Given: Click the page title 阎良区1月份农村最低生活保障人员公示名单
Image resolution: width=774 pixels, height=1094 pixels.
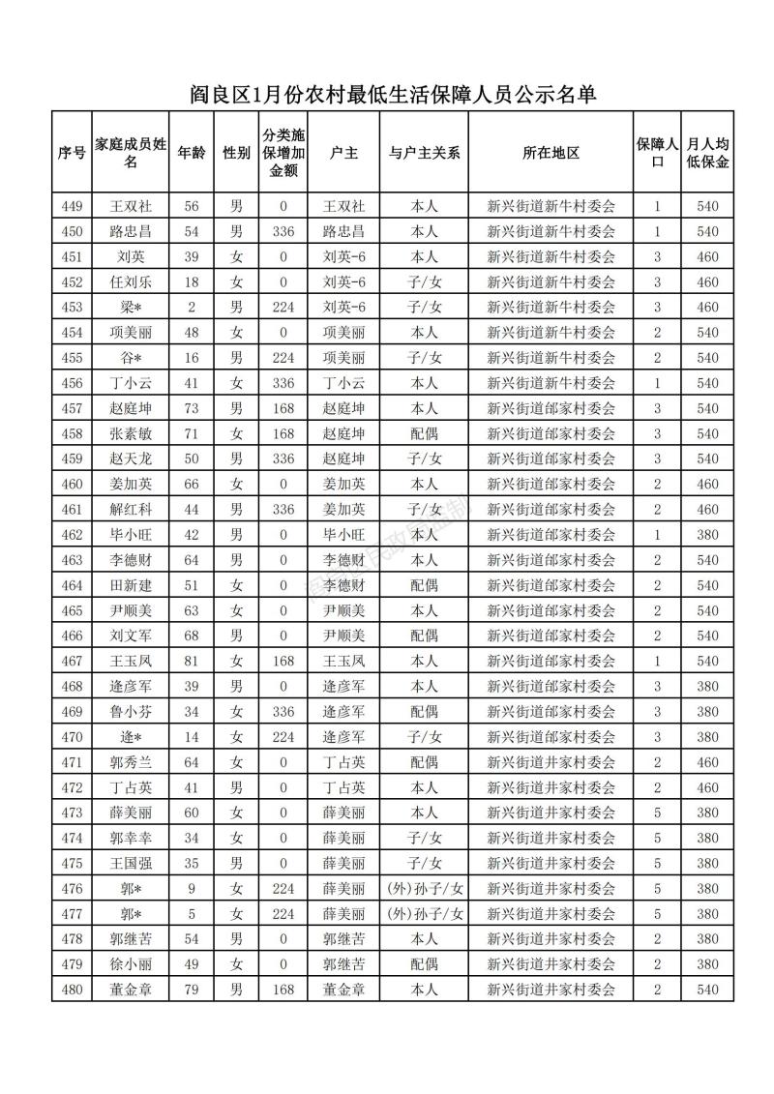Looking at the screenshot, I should pyautogui.click(x=391, y=95).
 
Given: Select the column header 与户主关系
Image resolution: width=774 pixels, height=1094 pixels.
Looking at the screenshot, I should pyautogui.click(x=424, y=153).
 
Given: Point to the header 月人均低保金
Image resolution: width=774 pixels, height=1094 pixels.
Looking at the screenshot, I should pyautogui.click(x=707, y=153).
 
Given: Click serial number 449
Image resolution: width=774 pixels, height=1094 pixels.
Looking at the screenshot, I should pyautogui.click(x=72, y=206).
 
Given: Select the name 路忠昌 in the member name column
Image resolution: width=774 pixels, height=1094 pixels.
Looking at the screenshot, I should pyautogui.click(x=132, y=231).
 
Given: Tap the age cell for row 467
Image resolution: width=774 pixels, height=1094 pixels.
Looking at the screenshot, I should pyautogui.click(x=192, y=661).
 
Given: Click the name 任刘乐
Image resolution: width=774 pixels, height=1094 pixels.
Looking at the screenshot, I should pyautogui.click(x=132, y=282).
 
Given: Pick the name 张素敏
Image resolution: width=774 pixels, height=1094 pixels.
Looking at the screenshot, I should pyautogui.click(x=132, y=433).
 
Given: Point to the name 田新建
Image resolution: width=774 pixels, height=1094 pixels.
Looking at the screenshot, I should pyautogui.click(x=132, y=585).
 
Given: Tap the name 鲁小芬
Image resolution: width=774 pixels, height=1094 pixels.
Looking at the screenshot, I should pyautogui.click(x=132, y=712).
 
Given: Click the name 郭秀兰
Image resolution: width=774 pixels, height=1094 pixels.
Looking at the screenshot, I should pyautogui.click(x=132, y=762).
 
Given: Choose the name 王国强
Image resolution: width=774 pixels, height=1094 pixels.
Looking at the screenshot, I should pyautogui.click(x=132, y=863).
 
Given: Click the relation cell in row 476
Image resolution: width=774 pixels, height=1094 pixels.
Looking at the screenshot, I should pyautogui.click(x=424, y=888).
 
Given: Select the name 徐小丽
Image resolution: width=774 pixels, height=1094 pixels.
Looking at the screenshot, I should pyautogui.click(x=132, y=964).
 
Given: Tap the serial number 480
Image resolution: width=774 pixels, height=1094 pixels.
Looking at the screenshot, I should pyautogui.click(x=72, y=990).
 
